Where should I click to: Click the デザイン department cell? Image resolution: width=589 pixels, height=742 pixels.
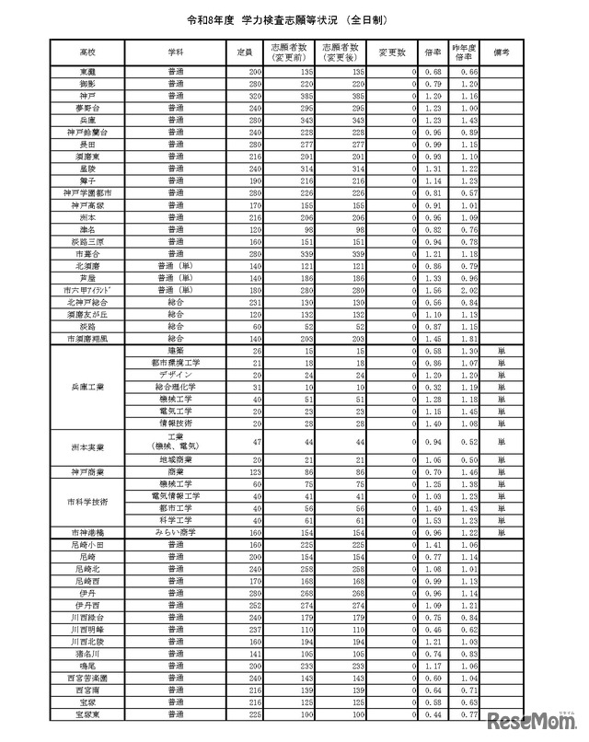coord(175,376)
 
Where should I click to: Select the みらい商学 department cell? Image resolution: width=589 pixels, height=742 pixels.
coord(175,532)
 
